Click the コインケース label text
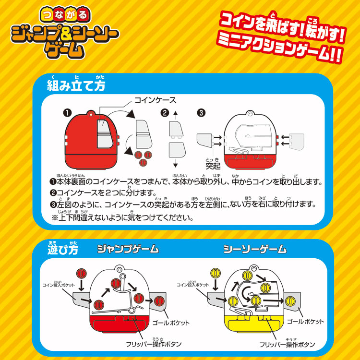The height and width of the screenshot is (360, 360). (155, 100)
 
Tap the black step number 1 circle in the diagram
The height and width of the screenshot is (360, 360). (67, 113)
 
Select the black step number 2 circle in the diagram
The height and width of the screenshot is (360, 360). (165, 113)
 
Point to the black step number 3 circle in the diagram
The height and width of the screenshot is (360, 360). (201, 113)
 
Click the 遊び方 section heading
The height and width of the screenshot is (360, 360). (63, 249)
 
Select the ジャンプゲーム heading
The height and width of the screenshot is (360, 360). (128, 249)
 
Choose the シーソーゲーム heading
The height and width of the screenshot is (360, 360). (255, 249)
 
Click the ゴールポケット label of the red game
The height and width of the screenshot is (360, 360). (171, 323)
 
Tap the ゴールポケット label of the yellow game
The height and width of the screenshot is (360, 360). (306, 322)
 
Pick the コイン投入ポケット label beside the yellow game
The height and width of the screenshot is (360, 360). (192, 284)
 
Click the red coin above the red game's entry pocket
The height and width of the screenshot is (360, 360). (81, 274)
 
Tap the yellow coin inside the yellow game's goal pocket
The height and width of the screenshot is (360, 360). (290, 301)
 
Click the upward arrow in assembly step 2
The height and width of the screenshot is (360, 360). (176, 115)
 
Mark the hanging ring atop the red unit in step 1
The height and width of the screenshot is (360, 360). (91, 114)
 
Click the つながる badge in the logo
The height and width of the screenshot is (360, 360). (65, 15)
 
